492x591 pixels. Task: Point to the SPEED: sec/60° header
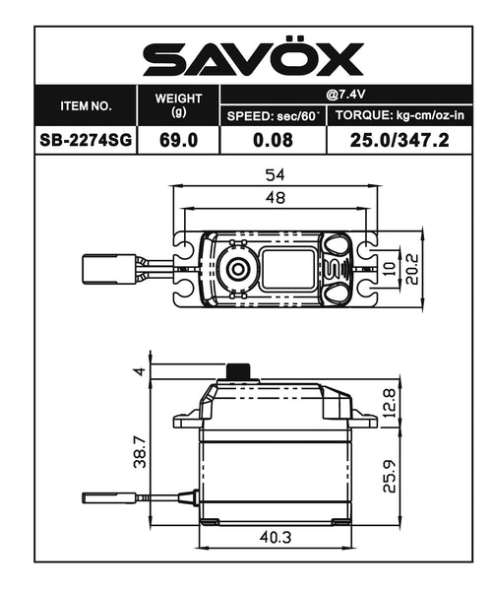(273, 115)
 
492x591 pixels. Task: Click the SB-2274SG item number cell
(87, 140)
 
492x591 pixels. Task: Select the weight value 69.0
(179, 140)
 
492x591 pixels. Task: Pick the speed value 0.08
(273, 140)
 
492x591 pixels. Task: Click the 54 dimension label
(275, 174)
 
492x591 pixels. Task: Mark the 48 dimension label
(275, 197)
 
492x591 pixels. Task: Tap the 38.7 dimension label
(140, 453)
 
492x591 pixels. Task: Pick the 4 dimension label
(140, 370)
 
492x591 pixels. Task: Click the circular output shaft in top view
(236, 267)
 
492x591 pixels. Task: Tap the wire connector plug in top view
(104, 267)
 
